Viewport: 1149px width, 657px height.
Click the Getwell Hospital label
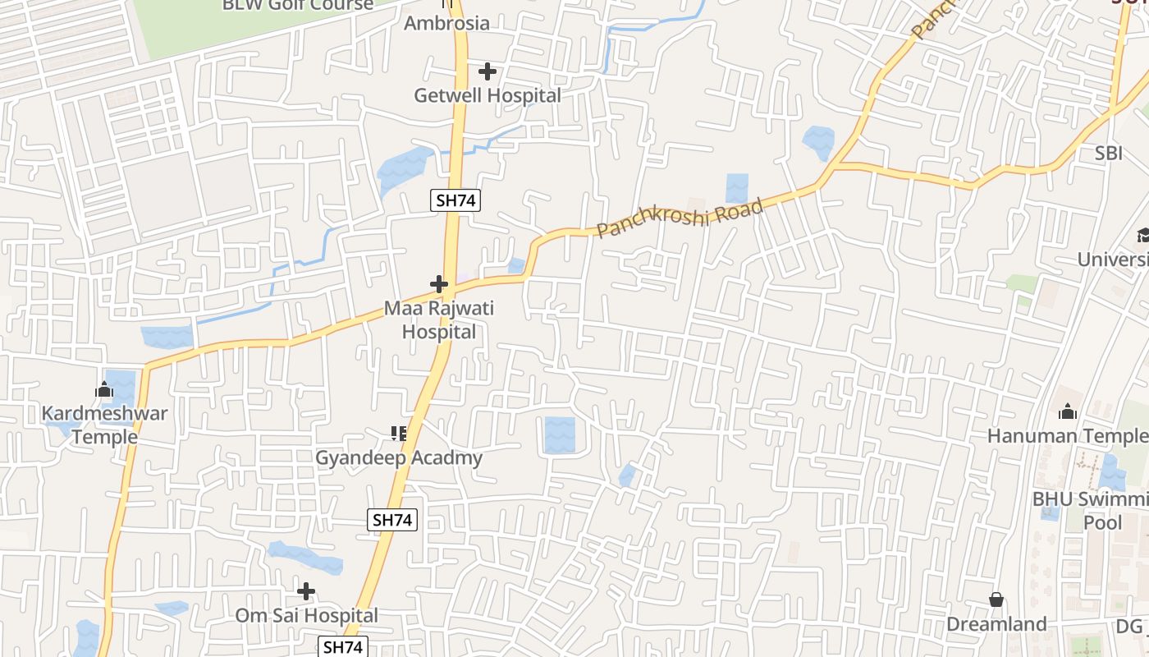(488, 95)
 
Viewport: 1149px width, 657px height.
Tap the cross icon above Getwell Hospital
(488, 71)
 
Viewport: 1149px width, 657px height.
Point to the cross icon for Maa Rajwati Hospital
(439, 285)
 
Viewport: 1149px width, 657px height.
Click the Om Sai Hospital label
(307, 615)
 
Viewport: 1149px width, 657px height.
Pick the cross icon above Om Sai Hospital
(306, 591)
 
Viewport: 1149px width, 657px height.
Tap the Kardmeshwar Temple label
(104, 425)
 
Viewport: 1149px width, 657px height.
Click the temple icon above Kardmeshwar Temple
(104, 390)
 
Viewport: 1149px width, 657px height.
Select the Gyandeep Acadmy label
(399, 457)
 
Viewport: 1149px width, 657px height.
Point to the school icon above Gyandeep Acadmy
(399, 433)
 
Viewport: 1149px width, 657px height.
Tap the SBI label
(1108, 154)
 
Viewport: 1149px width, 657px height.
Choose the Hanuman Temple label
(1067, 436)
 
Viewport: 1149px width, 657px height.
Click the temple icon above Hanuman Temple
(1068, 411)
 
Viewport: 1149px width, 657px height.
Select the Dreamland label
(996, 624)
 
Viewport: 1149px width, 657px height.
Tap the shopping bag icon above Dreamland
(996, 600)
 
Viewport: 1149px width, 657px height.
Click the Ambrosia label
(446, 23)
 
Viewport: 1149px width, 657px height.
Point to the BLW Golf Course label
(298, 5)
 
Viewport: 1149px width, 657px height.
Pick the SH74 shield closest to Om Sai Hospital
(343, 646)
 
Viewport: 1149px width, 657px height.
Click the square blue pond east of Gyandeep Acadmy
(560, 434)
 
